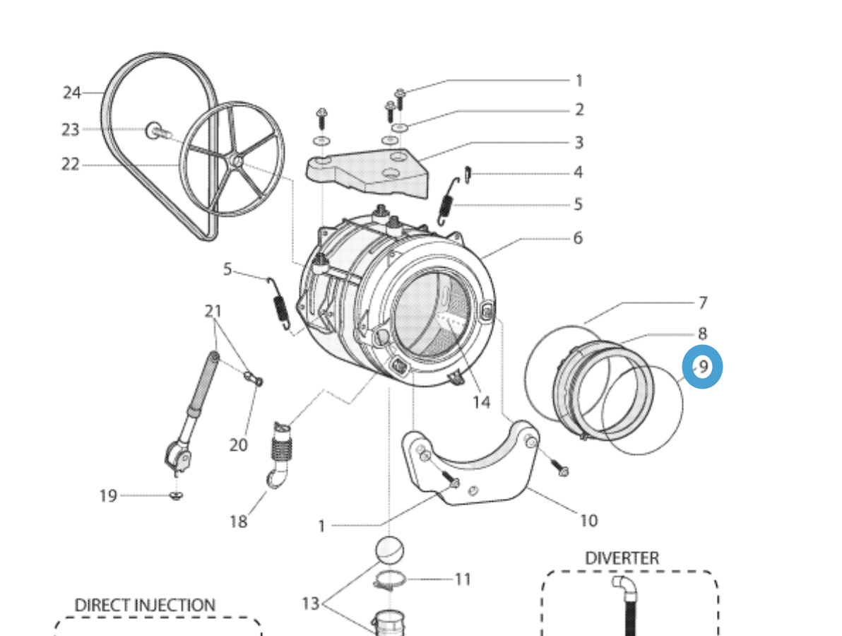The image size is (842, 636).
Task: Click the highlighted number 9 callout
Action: pos(703,367)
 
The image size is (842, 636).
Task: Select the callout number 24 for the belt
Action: pos(72,93)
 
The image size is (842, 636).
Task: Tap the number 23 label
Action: pos(71,130)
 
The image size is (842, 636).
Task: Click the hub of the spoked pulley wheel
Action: pos(235,163)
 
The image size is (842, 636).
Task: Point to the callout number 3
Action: pos(579,143)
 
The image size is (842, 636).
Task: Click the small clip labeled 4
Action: pos(468,172)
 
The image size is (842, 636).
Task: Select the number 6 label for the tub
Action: pos(578,238)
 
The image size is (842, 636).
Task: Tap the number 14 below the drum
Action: pos(481,402)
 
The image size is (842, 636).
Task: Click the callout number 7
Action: pos(702,303)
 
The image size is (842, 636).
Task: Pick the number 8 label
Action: pos(702,333)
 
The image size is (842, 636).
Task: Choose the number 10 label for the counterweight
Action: pos(588,521)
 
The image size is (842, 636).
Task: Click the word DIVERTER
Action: pos(622,558)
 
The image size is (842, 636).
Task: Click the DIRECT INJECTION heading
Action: pos(145,606)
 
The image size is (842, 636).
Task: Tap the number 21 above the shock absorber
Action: pos(213,311)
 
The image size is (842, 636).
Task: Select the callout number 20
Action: pos(238,444)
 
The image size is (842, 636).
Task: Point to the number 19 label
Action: pos(107,496)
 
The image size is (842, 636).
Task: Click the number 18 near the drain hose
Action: pos(238,522)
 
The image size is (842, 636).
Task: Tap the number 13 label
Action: pos(311,603)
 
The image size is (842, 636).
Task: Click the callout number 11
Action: pos(463,579)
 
